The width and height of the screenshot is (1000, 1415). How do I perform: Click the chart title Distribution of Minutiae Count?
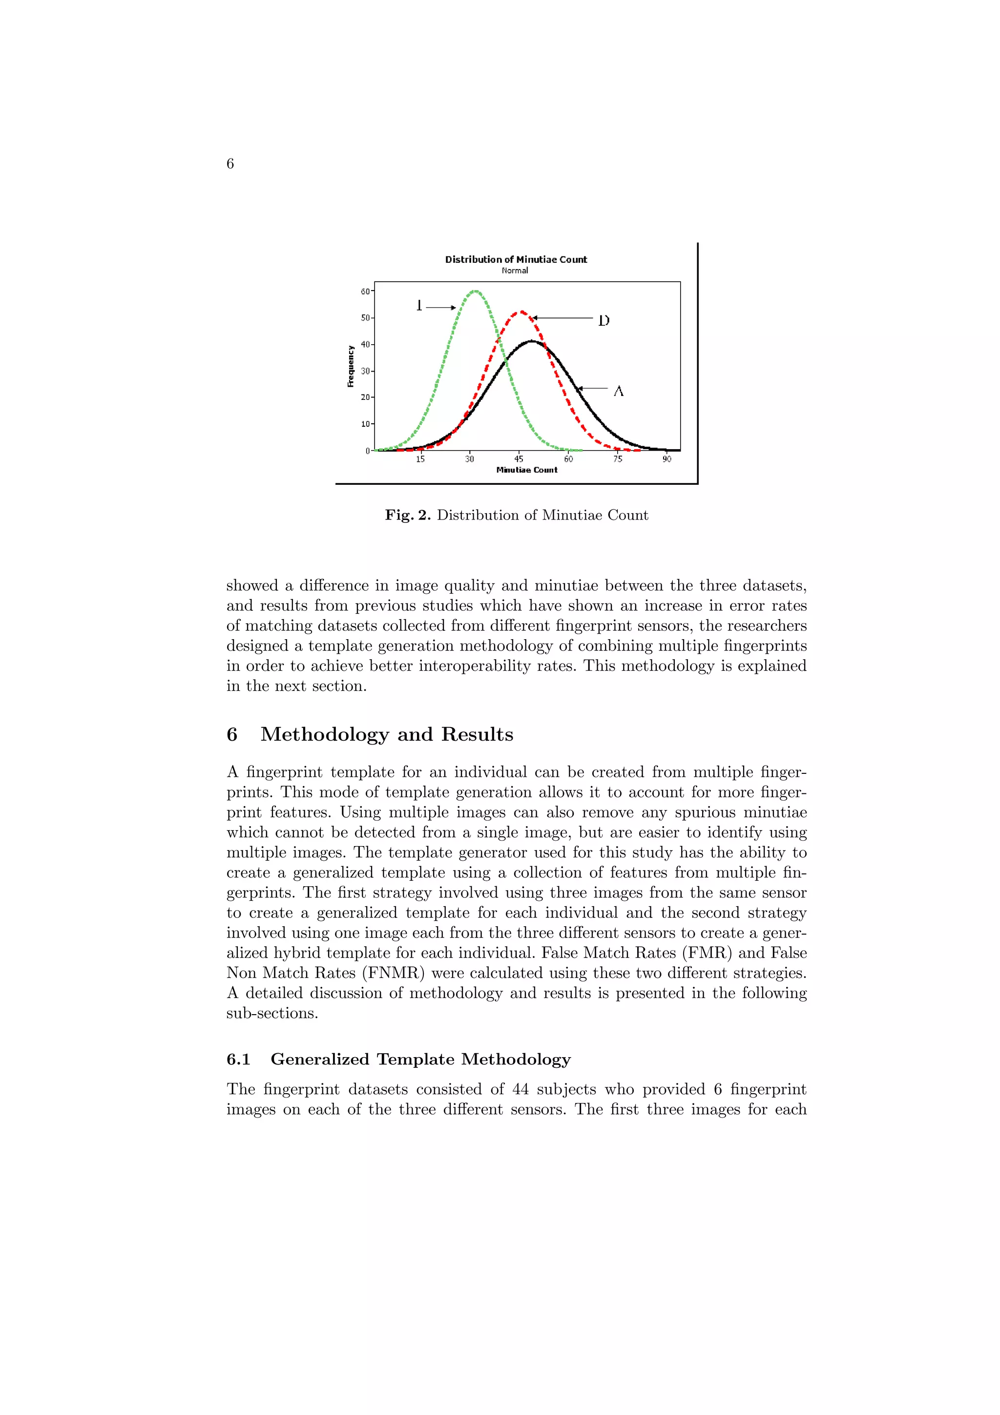[x=516, y=259]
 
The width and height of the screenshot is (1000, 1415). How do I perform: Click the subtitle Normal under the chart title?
[x=515, y=271]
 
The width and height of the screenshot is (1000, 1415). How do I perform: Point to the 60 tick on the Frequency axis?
[x=365, y=291]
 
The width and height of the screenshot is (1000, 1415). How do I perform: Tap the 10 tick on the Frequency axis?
[x=365, y=424]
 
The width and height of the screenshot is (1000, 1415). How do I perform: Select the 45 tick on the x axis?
[x=519, y=459]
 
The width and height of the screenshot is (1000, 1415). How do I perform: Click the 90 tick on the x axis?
[x=667, y=459]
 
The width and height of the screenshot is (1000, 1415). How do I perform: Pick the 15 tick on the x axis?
[x=420, y=459]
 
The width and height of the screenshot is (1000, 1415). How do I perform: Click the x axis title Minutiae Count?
[x=527, y=470]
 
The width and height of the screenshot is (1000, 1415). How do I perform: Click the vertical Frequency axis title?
[x=351, y=366]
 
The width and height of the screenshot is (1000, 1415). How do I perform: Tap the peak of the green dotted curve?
[x=475, y=291]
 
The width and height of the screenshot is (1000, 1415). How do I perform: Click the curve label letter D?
[x=604, y=320]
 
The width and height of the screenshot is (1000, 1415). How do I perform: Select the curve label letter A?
[x=619, y=391]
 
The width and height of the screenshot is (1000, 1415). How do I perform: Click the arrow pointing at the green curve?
[x=440, y=307]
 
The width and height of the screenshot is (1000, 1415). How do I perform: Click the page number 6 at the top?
[x=230, y=163]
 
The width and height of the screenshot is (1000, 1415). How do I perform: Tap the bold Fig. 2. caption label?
[x=407, y=515]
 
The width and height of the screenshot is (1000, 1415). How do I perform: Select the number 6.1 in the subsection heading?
[x=238, y=1060]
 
